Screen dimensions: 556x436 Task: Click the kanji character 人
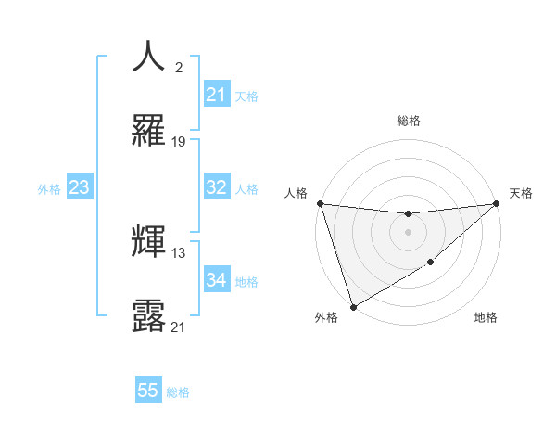(x=149, y=58)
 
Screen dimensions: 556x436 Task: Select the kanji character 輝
(x=149, y=241)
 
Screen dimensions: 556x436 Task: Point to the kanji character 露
(x=149, y=314)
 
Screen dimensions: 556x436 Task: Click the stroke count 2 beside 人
(x=178, y=68)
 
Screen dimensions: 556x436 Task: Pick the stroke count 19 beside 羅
(x=179, y=141)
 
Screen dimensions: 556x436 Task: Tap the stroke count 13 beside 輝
(x=179, y=253)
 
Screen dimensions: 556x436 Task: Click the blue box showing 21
(x=217, y=95)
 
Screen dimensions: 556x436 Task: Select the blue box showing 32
(x=217, y=187)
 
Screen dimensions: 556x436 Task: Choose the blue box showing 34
(x=217, y=281)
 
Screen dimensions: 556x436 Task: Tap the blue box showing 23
(x=80, y=188)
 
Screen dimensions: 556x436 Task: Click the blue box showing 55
(x=148, y=391)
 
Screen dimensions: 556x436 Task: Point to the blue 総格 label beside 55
(x=178, y=392)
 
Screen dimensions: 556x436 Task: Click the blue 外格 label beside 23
(x=49, y=189)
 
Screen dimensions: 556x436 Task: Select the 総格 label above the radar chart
(x=408, y=121)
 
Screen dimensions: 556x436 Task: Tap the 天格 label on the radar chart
(x=522, y=193)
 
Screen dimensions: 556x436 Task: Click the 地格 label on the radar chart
(x=486, y=318)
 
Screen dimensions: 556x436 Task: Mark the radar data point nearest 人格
(x=320, y=203)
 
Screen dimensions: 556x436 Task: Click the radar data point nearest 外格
(x=353, y=306)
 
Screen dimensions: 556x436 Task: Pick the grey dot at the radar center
(x=408, y=232)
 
